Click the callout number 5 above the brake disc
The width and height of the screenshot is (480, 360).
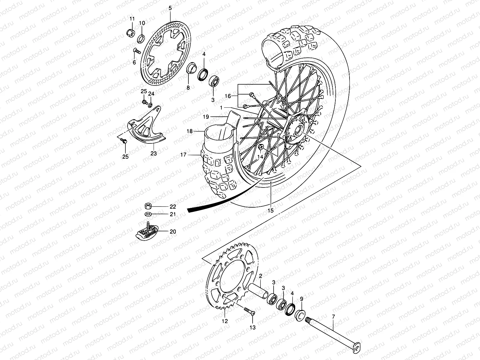pos(170,8)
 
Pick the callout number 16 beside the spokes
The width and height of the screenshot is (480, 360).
pos(228,96)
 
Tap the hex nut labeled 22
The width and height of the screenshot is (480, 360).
pos(147,206)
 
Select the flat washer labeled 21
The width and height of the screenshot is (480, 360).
pos(147,214)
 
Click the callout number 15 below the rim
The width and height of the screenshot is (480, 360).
pos(271,211)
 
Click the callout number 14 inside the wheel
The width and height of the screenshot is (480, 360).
pos(260,156)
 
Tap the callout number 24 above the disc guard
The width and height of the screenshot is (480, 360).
pos(151,94)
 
